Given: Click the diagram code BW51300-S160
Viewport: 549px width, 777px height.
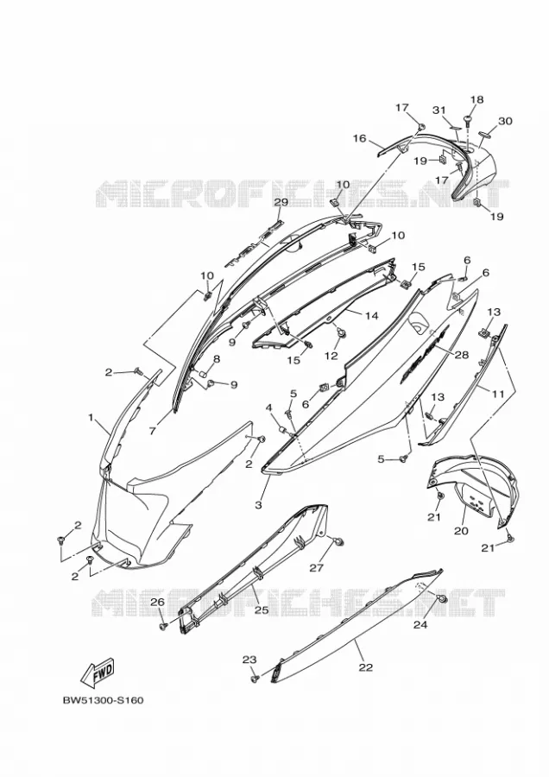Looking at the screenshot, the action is coord(103,701).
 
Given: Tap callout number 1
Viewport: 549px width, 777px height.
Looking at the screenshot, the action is coord(91,418).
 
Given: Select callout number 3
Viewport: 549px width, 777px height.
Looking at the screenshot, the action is coord(258,505).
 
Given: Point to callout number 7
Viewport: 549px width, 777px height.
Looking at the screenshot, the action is coord(152,432).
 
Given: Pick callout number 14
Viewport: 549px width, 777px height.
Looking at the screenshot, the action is coord(371,315).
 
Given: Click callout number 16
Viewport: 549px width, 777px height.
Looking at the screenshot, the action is coord(359,138).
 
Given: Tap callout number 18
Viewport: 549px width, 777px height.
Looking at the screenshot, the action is coord(476,99).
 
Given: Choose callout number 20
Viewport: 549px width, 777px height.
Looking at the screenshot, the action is coord(461,530).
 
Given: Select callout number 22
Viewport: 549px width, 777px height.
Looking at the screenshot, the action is coord(366,667).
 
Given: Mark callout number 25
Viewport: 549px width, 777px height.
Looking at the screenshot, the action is coord(262,610).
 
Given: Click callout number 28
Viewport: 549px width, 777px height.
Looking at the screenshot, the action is coord(461,354).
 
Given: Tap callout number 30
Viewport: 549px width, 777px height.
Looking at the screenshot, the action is coord(505,121).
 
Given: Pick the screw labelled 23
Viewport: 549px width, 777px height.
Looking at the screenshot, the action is coord(255,678).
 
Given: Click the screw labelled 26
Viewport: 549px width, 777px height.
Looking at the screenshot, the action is coord(163,627).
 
